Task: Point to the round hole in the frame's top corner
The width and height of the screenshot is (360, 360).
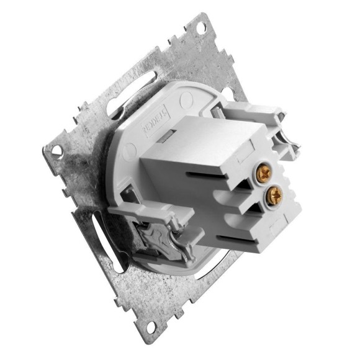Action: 200,28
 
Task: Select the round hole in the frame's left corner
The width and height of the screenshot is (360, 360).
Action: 56,149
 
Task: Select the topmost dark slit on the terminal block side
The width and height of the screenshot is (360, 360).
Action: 194,168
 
